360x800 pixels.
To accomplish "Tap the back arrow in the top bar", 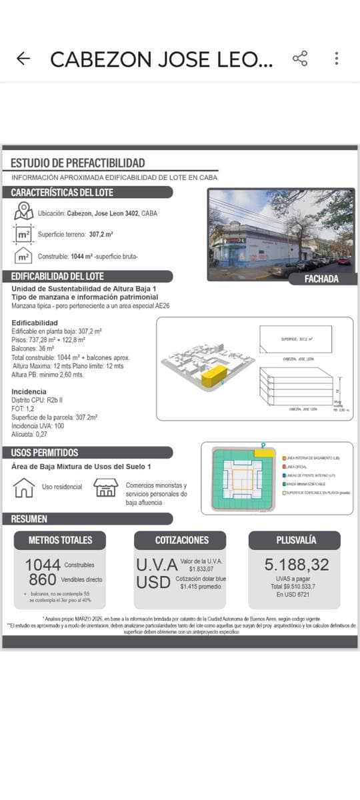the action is point(23,59).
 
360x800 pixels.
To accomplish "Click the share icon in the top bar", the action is point(300,59).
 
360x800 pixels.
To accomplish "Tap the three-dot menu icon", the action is point(337,59).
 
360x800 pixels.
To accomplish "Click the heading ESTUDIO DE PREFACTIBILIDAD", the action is point(78,163).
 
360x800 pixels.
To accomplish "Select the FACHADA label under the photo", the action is point(321,279).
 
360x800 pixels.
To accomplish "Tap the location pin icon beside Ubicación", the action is point(24,212).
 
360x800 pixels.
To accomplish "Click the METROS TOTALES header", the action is point(60,540).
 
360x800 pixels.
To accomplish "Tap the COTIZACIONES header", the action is point(181,540).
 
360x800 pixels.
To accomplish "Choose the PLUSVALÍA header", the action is point(295,540).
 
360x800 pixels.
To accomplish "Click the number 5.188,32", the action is point(297,565).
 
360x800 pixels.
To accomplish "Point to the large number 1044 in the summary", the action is point(43,565).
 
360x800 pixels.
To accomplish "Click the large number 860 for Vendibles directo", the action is point(42,580).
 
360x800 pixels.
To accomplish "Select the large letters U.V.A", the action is point(157,565).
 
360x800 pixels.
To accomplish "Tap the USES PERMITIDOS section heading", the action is point(45,453).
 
